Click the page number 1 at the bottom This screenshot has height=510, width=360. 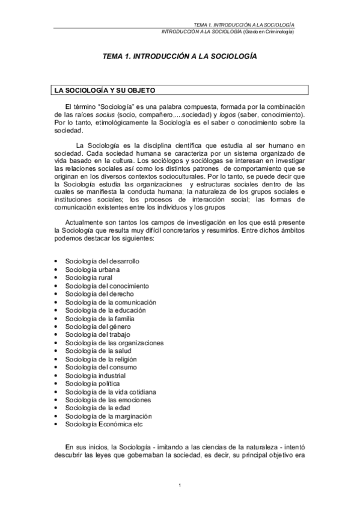coord(180,485)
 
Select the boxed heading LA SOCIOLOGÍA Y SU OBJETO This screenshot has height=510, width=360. coord(105,91)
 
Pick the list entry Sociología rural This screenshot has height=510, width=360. coord(87,277)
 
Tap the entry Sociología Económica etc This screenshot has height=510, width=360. coord(104,423)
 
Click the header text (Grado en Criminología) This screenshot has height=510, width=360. coord(268,31)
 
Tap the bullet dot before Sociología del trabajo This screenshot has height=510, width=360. coord(56,334)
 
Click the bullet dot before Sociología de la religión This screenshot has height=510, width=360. coord(56,359)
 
